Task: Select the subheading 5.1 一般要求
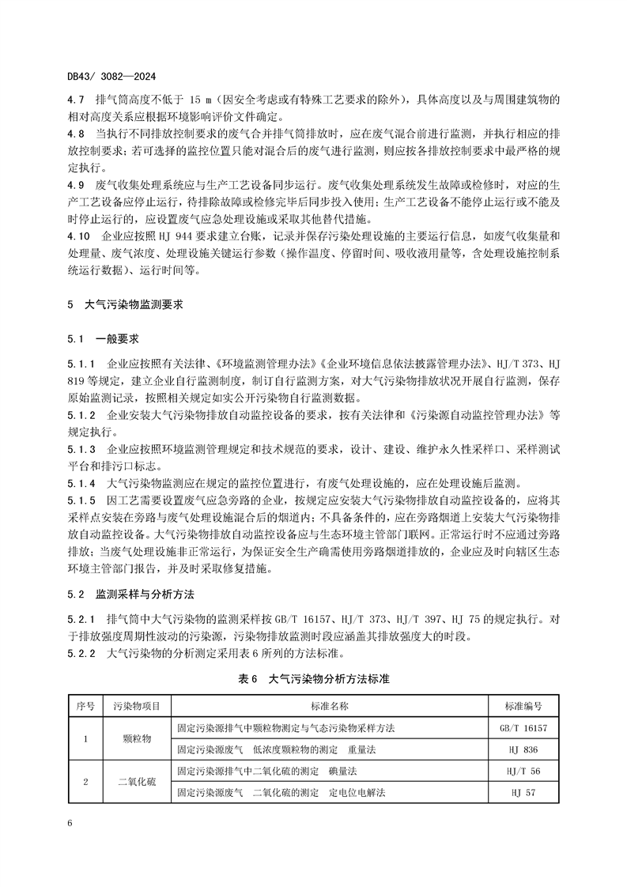104,338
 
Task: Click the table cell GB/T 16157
523,727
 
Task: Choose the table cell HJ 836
523,748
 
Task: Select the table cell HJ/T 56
523,770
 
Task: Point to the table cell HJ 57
523,791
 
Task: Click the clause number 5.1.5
81,500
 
